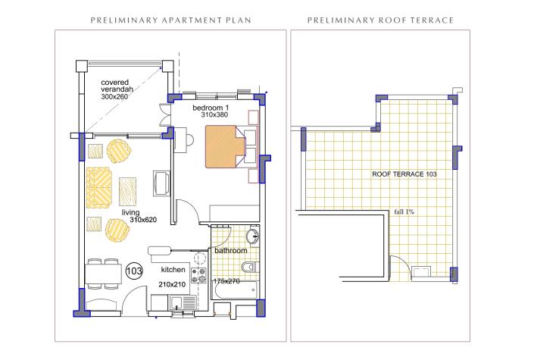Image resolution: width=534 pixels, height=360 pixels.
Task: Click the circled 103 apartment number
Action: pyautogui.click(x=134, y=271)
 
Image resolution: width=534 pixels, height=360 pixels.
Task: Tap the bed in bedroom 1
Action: pyautogui.click(x=226, y=146)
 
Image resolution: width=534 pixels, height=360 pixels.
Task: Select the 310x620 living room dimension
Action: pyautogui.click(x=143, y=220)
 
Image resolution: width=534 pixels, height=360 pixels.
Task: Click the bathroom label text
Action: pyautogui.click(x=231, y=251)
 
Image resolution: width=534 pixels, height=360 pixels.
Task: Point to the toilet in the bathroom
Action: pyautogui.click(x=250, y=267)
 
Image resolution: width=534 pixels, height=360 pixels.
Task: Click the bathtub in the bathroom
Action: pyautogui.click(x=236, y=290)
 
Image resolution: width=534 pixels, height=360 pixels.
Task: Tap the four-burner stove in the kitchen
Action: pyautogui.click(x=198, y=275)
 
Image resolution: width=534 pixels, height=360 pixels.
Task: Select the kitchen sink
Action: pyautogui.click(x=183, y=302)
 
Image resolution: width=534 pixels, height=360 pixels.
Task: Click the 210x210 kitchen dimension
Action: pyautogui.click(x=172, y=284)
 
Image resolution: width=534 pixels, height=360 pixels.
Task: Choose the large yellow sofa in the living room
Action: pyautogui.click(x=98, y=187)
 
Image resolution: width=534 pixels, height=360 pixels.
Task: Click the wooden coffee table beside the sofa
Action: pyautogui.click(x=128, y=192)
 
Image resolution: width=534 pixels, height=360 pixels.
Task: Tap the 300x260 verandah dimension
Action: pyautogui.click(x=114, y=97)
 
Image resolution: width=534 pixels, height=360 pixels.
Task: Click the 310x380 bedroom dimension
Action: pyautogui.click(x=214, y=115)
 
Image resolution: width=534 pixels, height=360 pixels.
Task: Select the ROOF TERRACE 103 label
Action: pyautogui.click(x=404, y=174)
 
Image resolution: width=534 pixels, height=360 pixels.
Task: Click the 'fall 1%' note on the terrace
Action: pyautogui.click(x=404, y=211)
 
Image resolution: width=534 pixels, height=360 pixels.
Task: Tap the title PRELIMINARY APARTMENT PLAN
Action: pyautogui.click(x=170, y=20)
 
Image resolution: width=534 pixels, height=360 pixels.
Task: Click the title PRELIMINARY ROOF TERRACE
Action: pyautogui.click(x=380, y=20)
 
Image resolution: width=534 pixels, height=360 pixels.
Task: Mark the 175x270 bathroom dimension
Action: pyautogui.click(x=226, y=281)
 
